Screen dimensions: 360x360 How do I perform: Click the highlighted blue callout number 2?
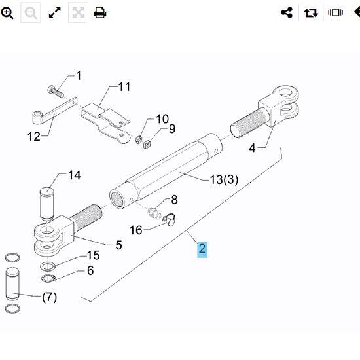(x=202, y=249)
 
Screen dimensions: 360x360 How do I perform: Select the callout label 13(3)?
(x=224, y=179)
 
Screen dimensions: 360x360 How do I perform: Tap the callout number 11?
(x=124, y=87)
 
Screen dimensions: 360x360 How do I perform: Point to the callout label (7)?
(x=49, y=297)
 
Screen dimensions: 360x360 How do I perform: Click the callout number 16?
(x=136, y=230)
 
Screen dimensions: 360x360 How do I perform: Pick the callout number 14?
(x=75, y=175)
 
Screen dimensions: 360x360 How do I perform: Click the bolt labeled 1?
(x=56, y=92)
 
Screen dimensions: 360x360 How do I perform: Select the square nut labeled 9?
(x=147, y=145)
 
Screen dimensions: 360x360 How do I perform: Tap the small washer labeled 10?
(x=139, y=139)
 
